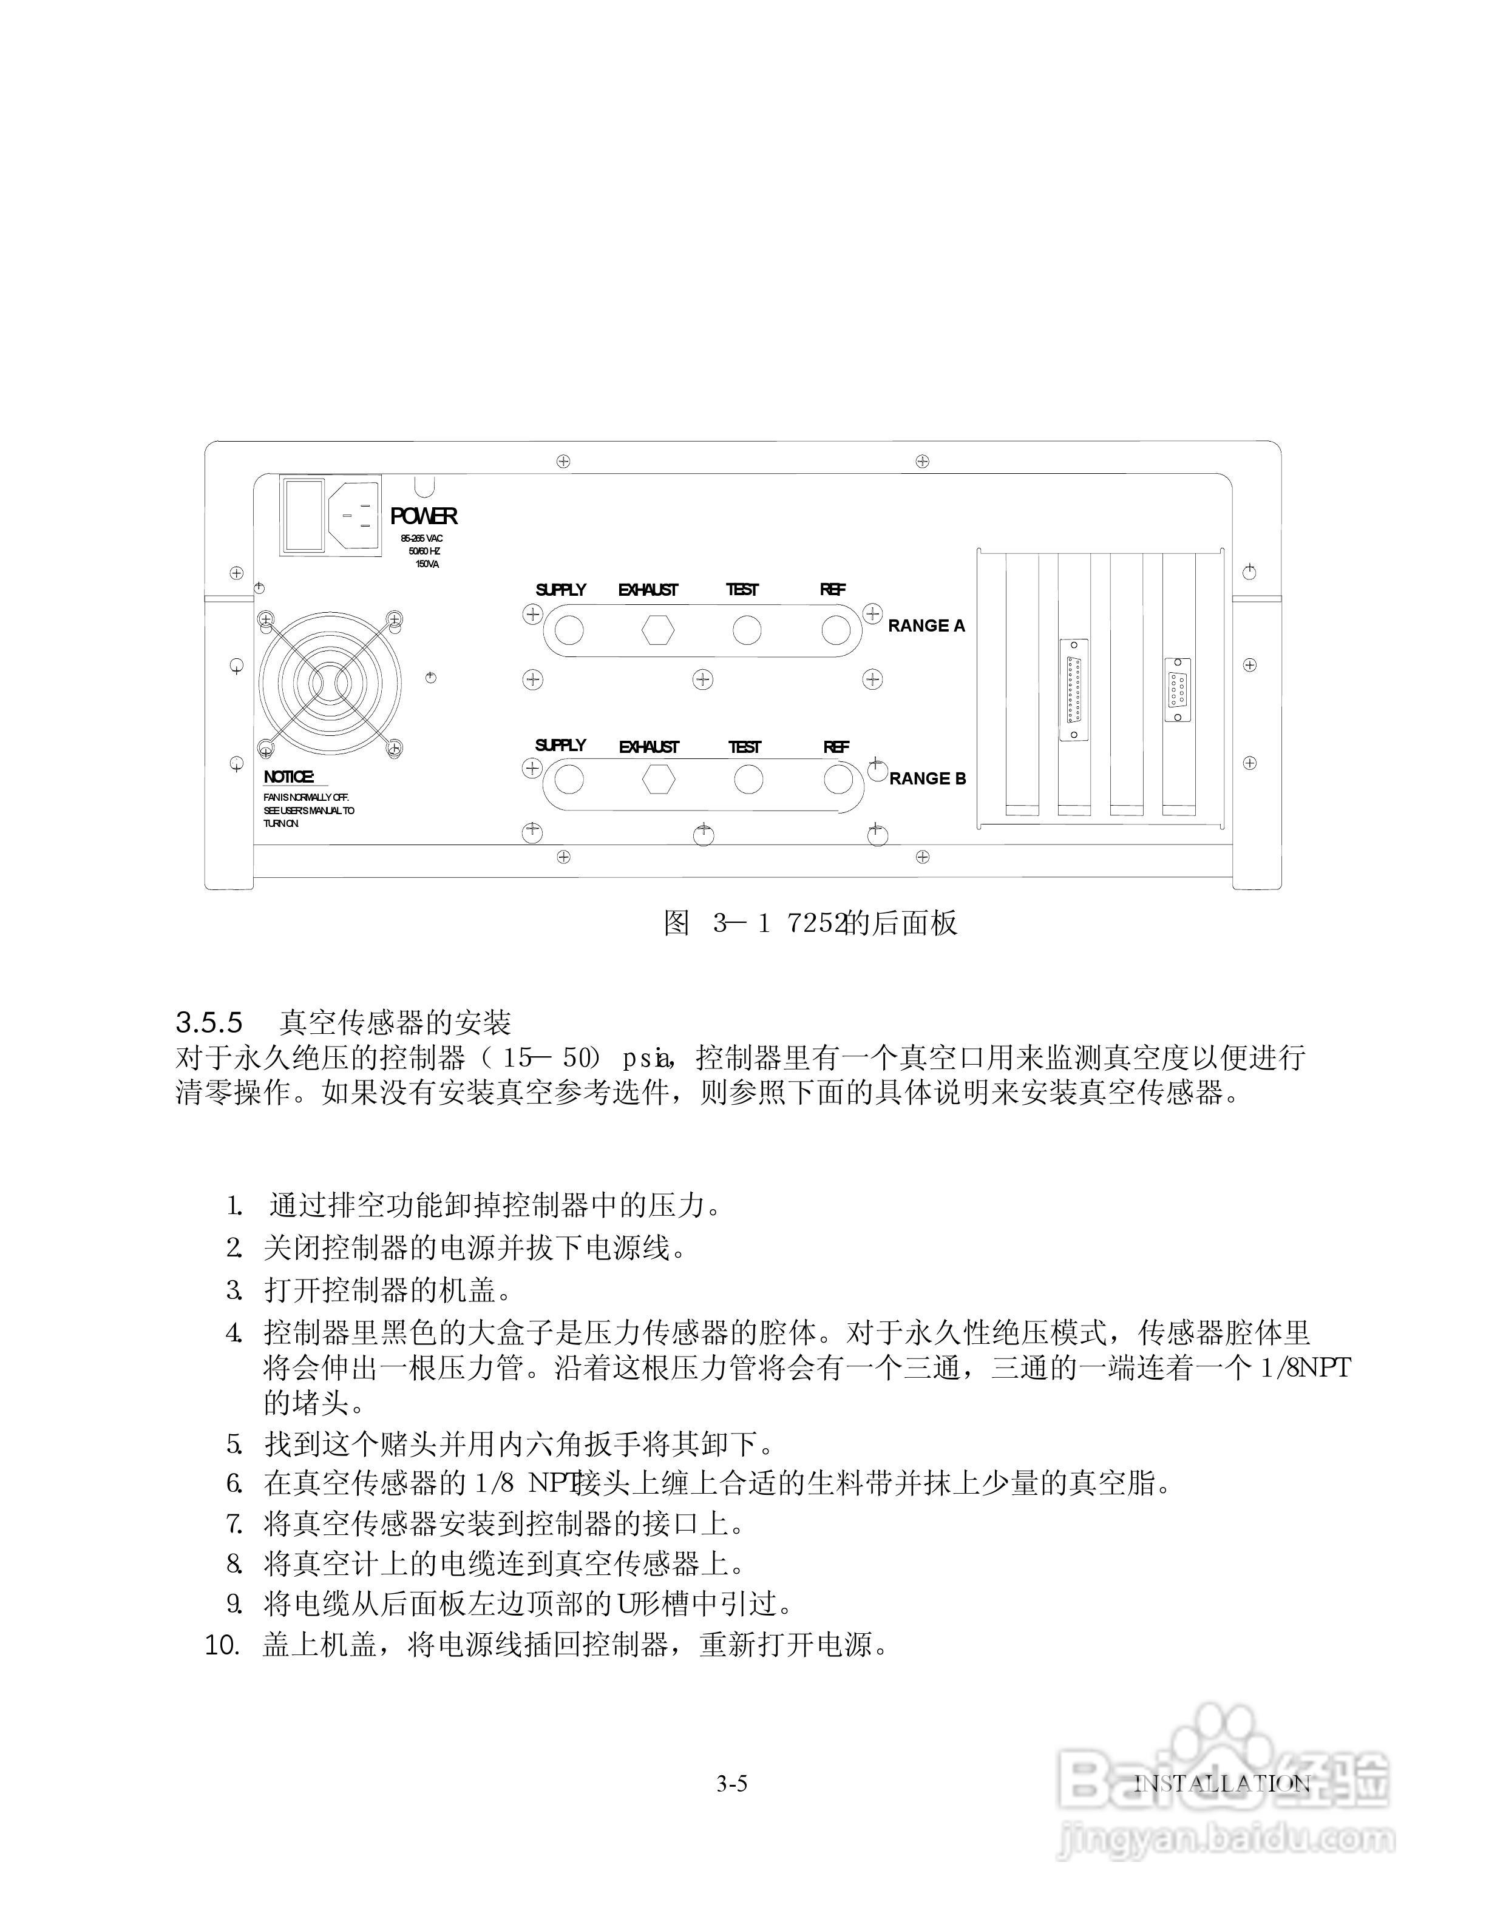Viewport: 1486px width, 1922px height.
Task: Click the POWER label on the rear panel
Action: coord(424,516)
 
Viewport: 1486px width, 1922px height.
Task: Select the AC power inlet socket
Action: coord(355,516)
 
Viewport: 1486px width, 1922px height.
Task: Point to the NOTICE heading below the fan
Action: coord(289,777)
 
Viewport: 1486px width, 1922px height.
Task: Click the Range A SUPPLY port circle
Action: coord(569,630)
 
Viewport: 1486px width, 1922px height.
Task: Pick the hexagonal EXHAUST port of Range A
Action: coord(657,630)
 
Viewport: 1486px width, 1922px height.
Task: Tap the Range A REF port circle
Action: coord(835,630)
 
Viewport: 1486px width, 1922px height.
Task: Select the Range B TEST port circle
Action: coord(748,779)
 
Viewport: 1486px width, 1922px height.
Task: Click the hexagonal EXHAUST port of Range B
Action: coord(657,779)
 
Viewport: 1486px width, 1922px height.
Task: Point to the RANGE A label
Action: coord(926,625)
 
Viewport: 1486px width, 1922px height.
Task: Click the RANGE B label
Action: coord(927,779)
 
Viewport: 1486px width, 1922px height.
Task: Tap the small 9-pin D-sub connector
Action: coord(1178,689)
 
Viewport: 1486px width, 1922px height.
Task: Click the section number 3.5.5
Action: coord(209,1023)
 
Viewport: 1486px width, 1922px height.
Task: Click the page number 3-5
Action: coord(731,1784)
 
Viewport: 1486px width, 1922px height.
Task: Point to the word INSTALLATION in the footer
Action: coord(1222,1784)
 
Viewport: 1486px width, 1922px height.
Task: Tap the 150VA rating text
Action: coord(427,564)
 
